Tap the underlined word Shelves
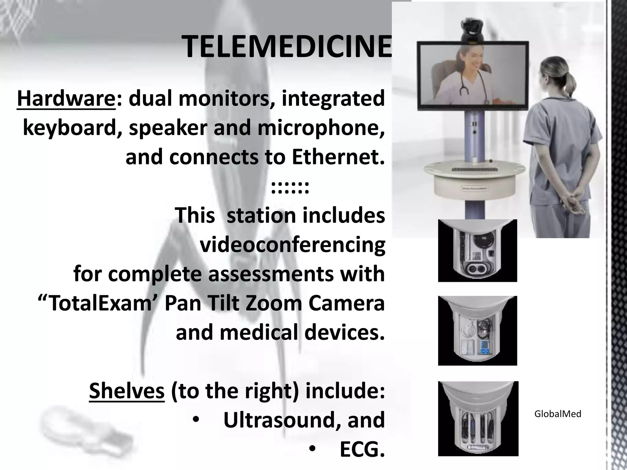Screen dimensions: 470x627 pos(127,391)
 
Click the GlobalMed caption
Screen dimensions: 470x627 pos(558,414)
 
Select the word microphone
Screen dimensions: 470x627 pos(321,128)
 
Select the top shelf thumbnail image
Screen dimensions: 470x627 pos(477,251)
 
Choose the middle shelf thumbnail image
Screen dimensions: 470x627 pos(477,331)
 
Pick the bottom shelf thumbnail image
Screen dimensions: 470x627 pos(478,419)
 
